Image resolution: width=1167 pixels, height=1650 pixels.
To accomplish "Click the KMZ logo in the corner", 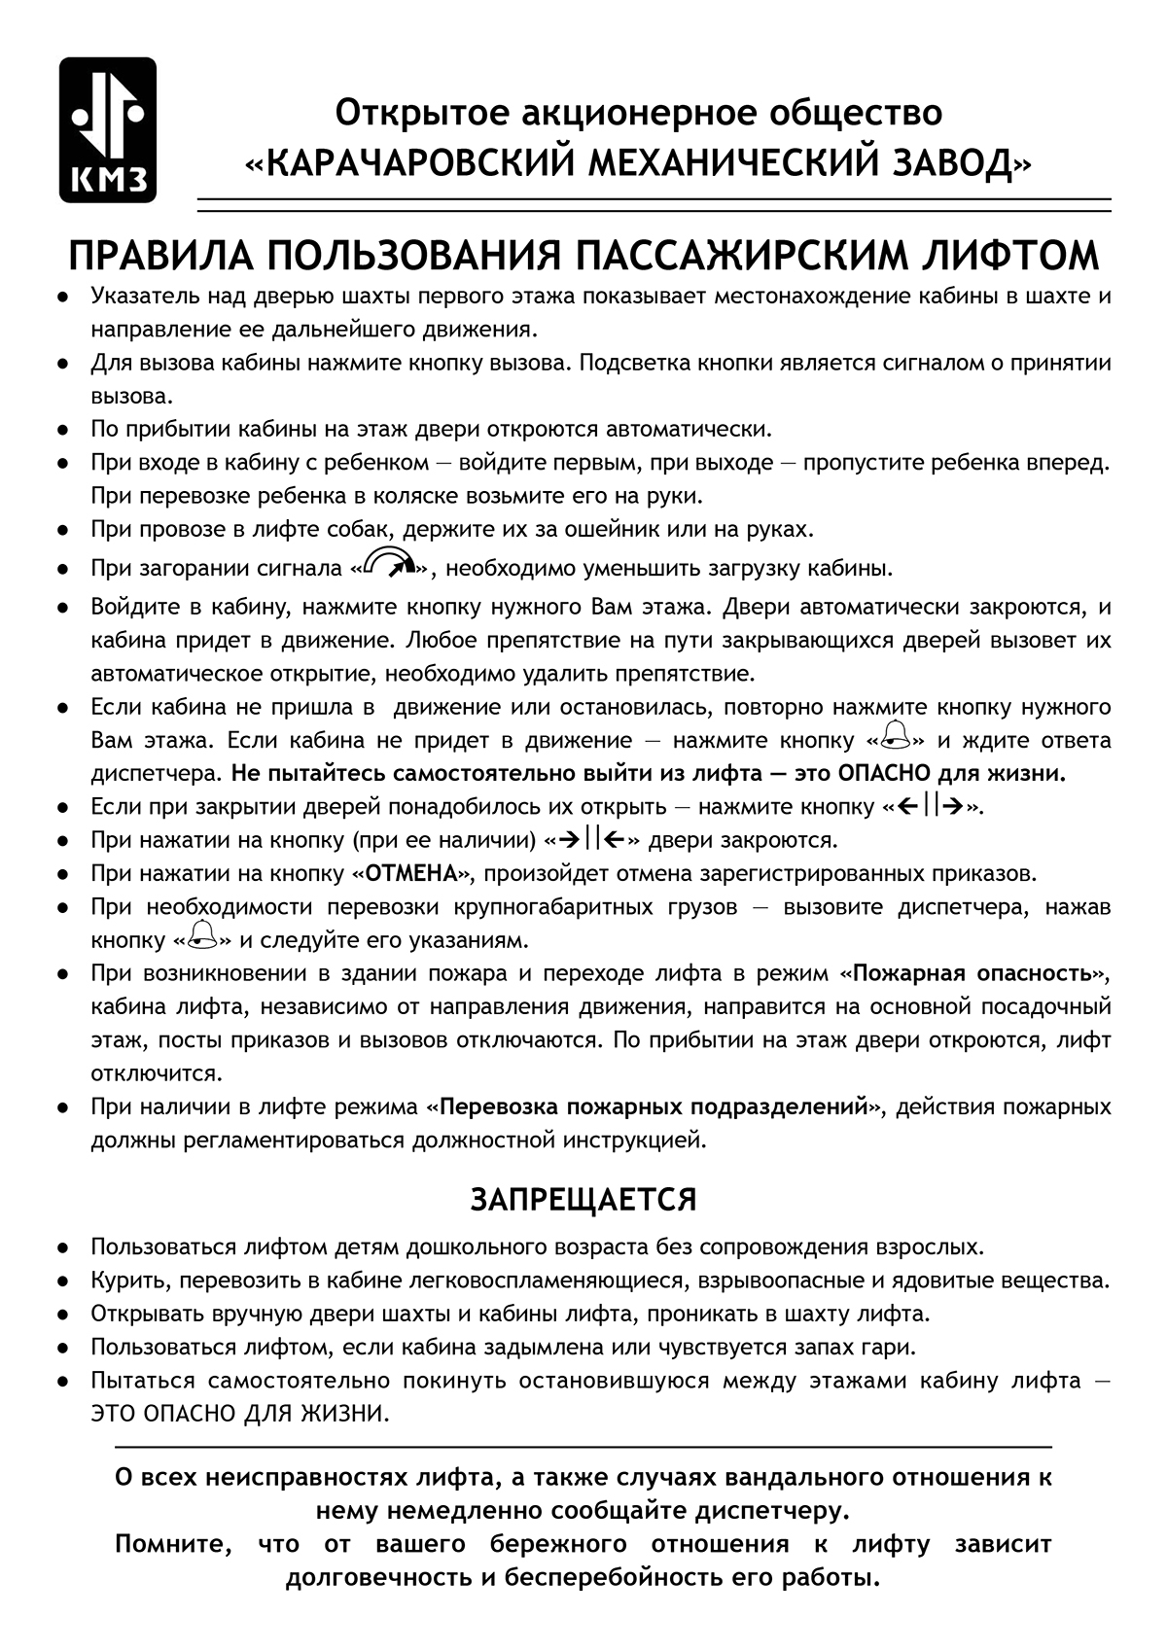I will pos(107,129).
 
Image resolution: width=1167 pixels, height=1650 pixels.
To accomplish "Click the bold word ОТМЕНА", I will pos(411,873).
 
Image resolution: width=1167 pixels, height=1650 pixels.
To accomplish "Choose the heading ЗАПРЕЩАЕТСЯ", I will pos(583,1200).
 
